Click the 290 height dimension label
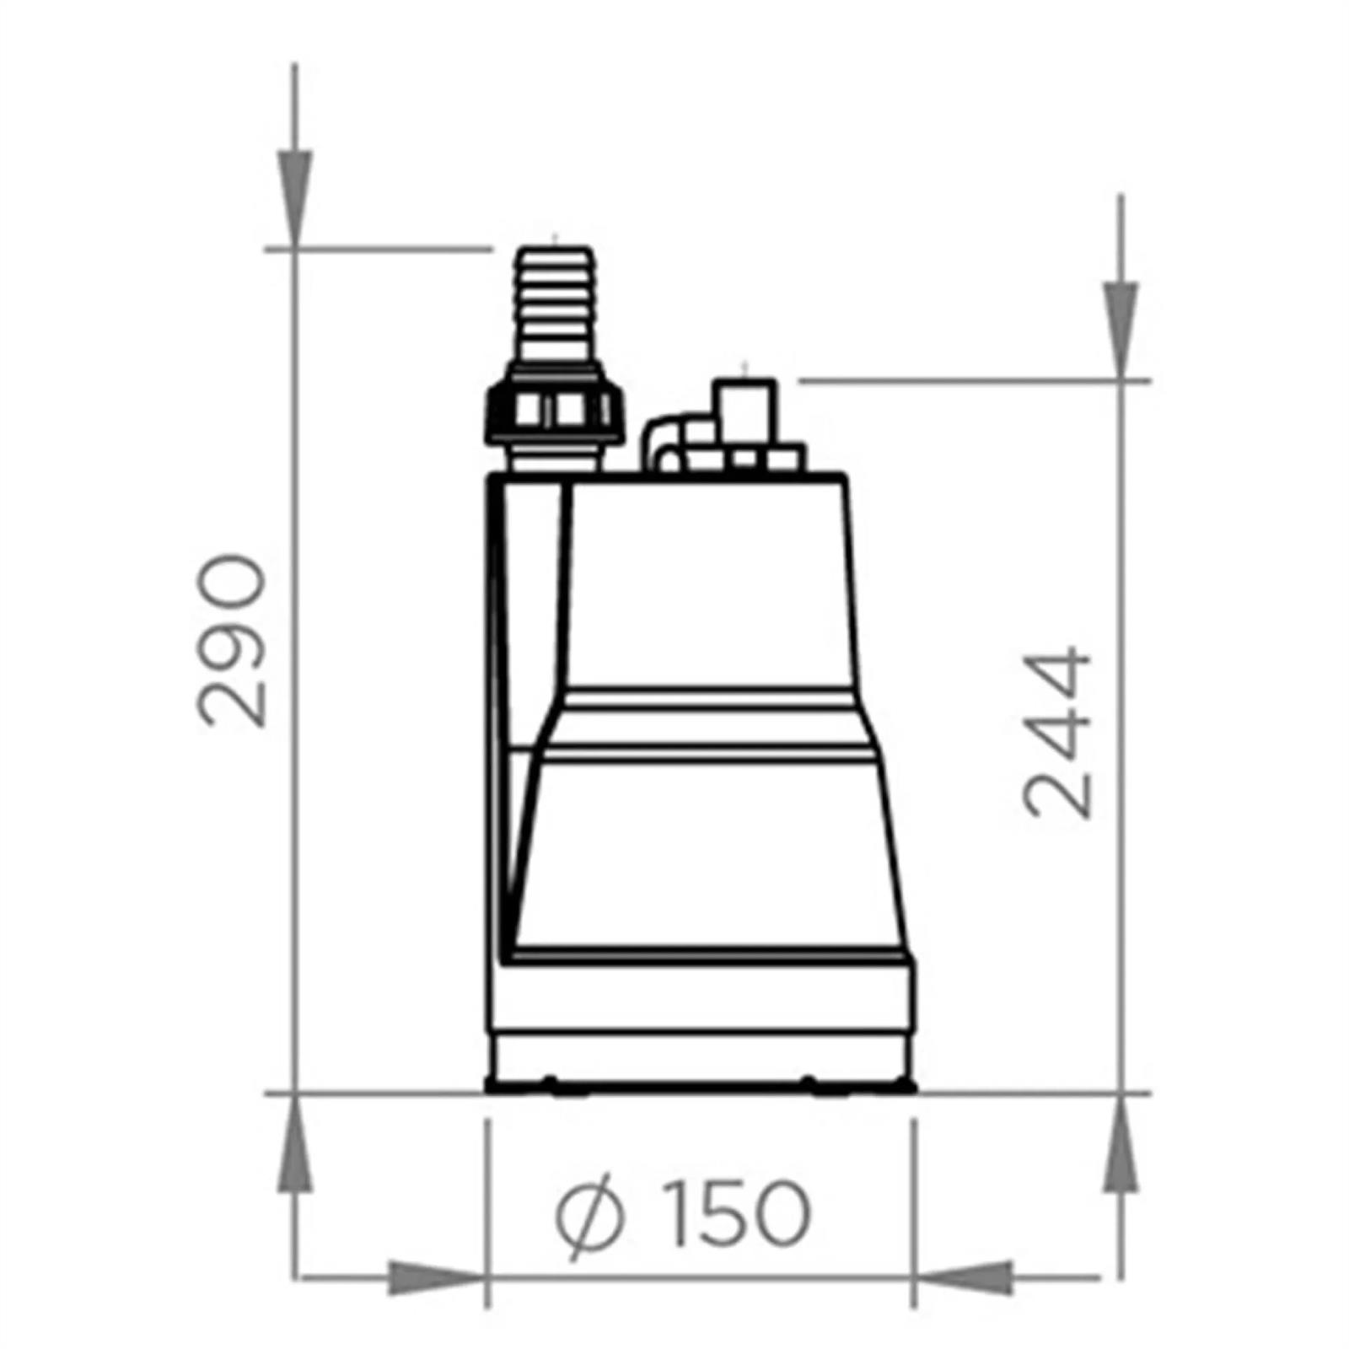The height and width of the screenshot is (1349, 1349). [x=231, y=640]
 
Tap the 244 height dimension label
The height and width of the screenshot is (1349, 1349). [x=1056, y=732]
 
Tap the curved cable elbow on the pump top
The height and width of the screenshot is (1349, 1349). [x=664, y=443]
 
